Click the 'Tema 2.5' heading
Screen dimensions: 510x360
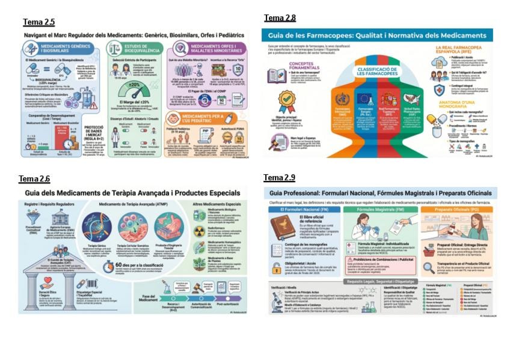click(38, 22)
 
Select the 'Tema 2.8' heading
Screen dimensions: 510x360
click(280, 18)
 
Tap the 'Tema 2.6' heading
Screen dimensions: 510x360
click(34, 178)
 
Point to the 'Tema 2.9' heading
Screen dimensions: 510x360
click(279, 177)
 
